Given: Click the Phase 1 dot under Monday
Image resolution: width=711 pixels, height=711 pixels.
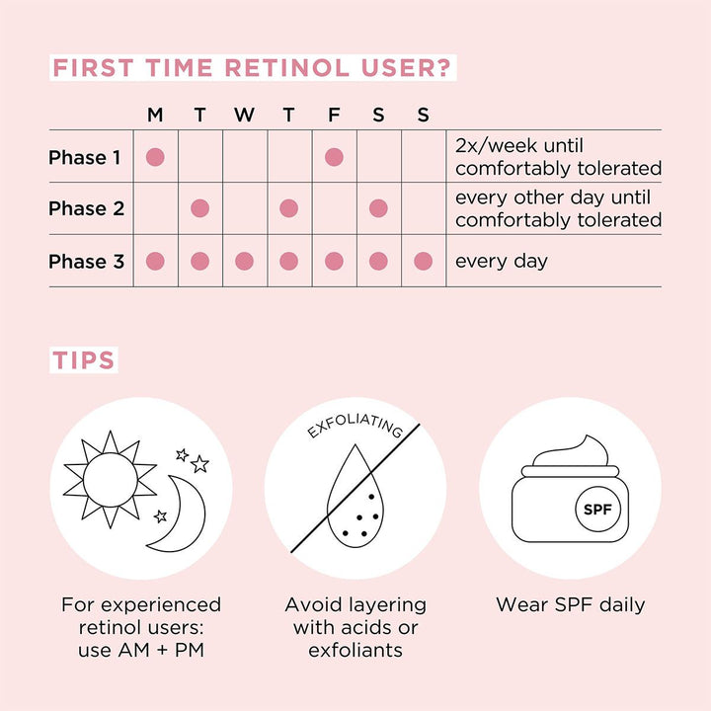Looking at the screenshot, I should (x=155, y=157).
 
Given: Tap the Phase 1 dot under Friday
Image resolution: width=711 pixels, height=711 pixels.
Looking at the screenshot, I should (x=334, y=157).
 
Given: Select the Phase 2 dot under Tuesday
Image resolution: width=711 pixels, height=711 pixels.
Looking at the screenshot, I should (x=199, y=208).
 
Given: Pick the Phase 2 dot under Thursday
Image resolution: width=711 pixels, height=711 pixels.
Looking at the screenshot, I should (x=288, y=208).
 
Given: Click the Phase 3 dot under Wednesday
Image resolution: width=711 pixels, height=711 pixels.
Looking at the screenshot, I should (x=244, y=261).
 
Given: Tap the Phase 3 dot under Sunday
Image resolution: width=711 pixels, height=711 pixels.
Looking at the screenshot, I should (x=423, y=261).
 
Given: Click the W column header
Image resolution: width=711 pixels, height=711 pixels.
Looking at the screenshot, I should (x=244, y=116).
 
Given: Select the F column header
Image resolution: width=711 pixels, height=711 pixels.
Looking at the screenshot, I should (x=334, y=116).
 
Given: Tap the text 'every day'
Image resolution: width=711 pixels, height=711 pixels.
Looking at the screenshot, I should (x=501, y=262).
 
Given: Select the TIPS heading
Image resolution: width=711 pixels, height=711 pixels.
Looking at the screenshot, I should (x=84, y=359).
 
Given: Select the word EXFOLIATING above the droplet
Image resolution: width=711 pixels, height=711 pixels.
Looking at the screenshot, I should (x=354, y=427).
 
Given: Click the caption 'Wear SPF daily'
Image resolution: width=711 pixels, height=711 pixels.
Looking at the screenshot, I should (x=570, y=604).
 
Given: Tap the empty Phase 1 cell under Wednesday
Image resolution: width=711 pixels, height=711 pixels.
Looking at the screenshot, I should (x=244, y=157).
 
